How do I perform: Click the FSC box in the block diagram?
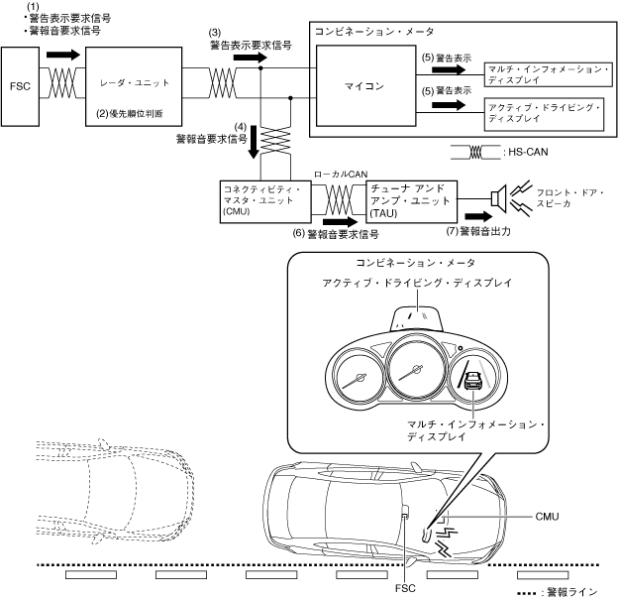click(20, 86)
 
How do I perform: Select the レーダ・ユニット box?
click(134, 86)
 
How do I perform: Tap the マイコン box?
click(365, 85)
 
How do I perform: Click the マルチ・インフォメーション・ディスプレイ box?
click(549, 74)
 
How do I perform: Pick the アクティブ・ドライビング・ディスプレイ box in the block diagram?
click(544, 114)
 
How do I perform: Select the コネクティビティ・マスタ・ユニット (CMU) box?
click(265, 201)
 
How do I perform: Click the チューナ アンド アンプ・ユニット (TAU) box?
click(412, 201)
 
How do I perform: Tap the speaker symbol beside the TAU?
click(499, 198)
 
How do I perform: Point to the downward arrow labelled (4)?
click(254, 142)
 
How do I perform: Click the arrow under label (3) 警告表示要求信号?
click(251, 58)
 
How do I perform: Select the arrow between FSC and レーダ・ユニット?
click(63, 55)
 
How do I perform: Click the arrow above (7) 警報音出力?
click(479, 216)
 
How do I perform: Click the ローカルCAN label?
click(341, 174)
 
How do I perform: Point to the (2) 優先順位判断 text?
click(130, 114)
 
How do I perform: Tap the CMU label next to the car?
click(547, 517)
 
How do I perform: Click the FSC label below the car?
click(405, 588)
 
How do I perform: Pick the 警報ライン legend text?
click(571, 592)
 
